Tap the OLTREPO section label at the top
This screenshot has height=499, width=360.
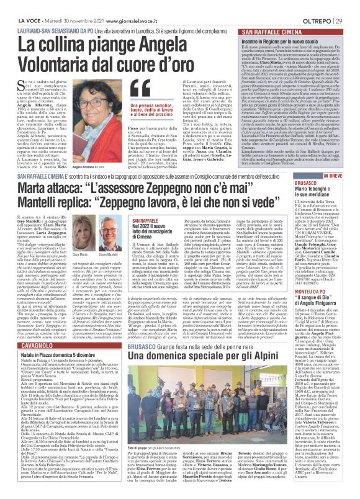322,6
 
